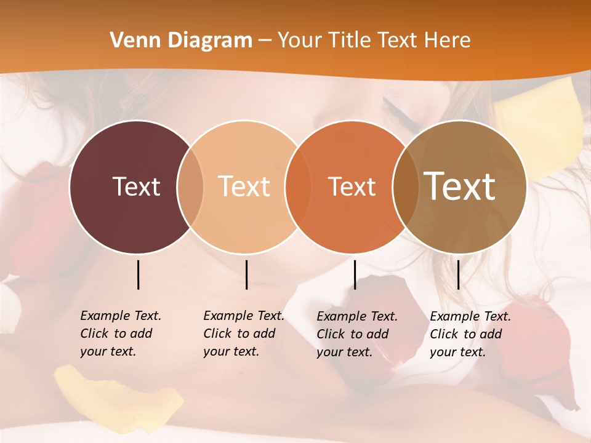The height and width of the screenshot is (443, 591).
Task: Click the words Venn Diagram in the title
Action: pos(181,41)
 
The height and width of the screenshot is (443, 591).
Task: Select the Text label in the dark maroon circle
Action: pos(136,186)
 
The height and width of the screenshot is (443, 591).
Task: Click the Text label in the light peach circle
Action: pos(244,186)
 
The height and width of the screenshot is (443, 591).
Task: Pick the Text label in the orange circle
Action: pos(352,186)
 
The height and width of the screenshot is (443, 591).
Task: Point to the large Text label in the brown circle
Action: pos(459,186)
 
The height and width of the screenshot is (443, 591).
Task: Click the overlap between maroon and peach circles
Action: pos(190,187)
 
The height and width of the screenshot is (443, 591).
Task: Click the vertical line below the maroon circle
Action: pos(138,274)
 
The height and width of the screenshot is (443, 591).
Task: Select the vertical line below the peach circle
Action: pos(246,274)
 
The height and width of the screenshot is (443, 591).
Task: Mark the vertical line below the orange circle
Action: pos(355,274)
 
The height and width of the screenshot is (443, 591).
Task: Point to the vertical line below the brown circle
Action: pos(458,274)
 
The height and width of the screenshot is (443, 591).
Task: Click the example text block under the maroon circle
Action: pos(120,333)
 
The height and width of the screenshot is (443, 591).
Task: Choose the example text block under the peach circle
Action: pos(243,333)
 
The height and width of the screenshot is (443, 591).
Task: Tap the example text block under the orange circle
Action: pos(356,334)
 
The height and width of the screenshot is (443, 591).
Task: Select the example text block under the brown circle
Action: pos(470,334)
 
